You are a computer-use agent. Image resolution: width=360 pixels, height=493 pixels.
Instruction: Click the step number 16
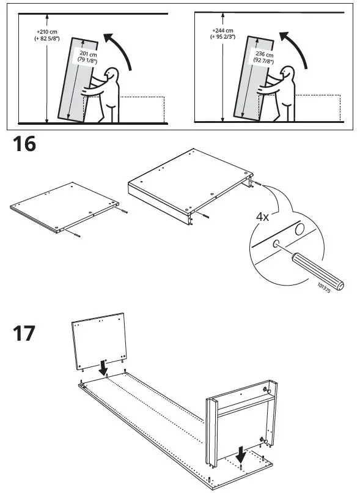24,145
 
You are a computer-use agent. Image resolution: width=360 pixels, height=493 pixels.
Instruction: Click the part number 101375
324,286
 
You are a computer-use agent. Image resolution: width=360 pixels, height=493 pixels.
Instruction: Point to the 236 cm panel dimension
263,57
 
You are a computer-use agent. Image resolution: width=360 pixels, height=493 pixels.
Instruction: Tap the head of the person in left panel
112,75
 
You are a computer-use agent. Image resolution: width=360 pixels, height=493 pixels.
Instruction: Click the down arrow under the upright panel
104,368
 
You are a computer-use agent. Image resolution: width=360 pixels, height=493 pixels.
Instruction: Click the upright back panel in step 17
100,340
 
